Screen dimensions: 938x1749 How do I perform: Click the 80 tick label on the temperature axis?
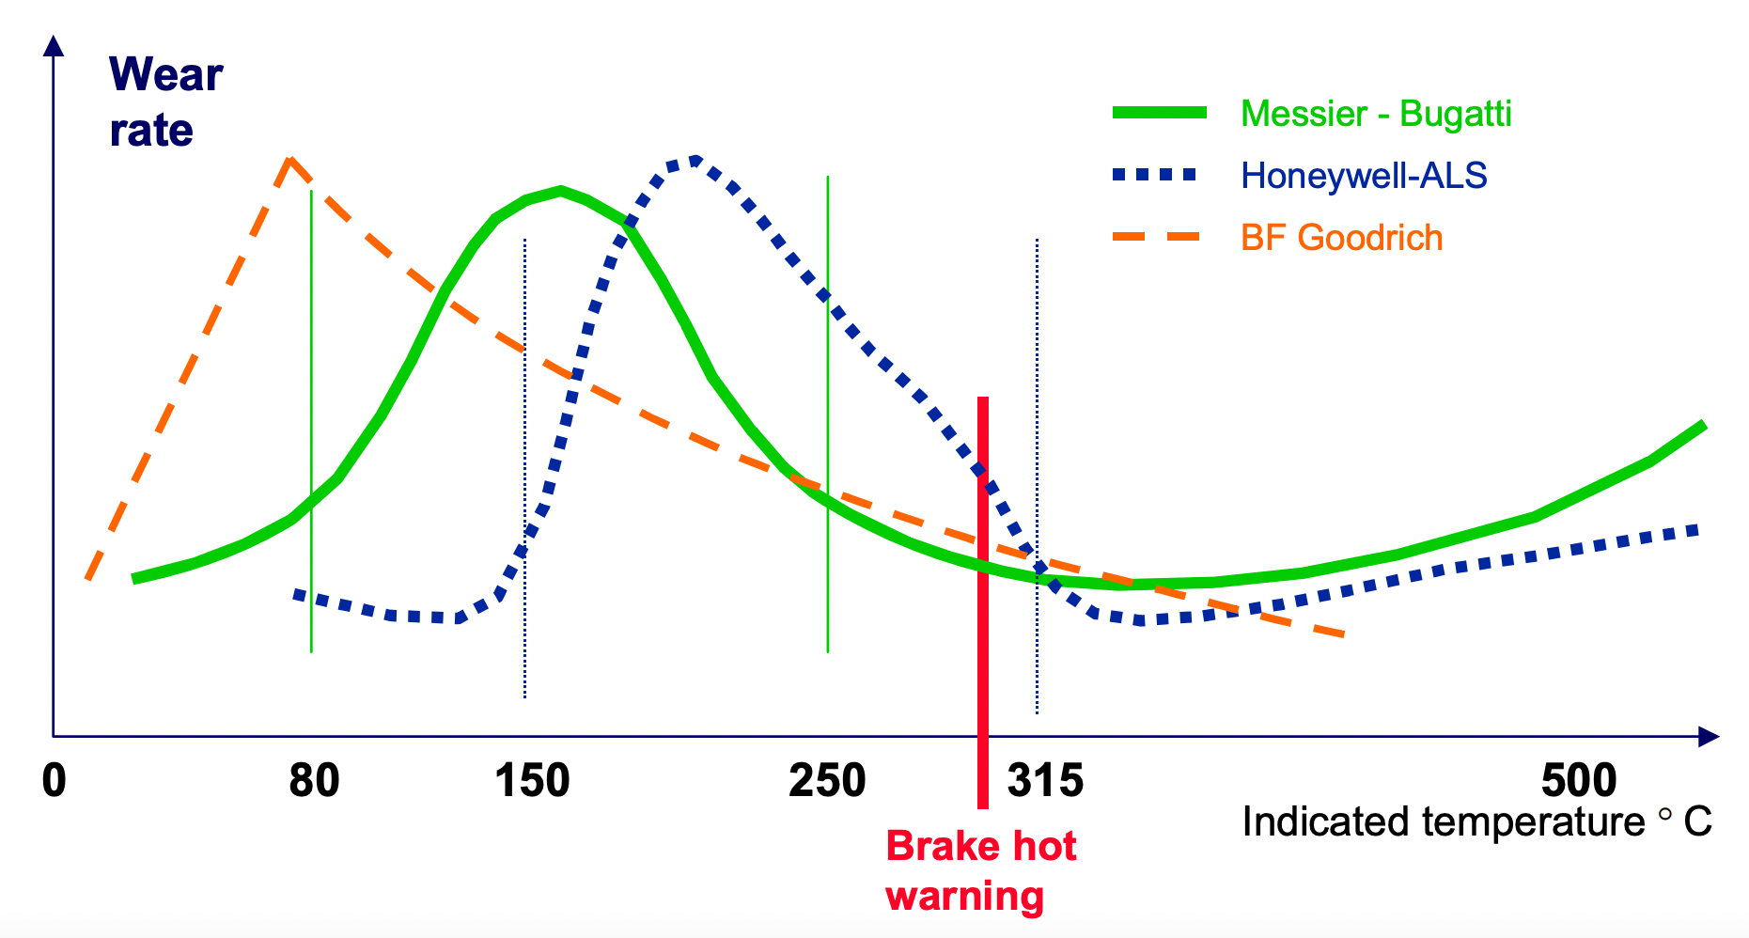(x=314, y=781)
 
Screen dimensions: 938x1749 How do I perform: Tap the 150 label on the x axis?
(x=532, y=781)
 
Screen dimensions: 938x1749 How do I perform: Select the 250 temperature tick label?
(x=827, y=781)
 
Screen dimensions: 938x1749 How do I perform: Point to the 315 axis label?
(x=1045, y=781)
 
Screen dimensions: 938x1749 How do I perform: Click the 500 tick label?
(x=1579, y=781)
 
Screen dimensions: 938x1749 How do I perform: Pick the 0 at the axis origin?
(x=55, y=781)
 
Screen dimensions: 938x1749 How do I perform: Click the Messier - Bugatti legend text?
(x=1376, y=114)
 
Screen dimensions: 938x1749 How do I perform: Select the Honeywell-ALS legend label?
(x=1364, y=176)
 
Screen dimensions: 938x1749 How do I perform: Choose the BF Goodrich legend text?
(x=1341, y=238)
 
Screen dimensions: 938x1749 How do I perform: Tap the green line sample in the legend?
(x=1159, y=113)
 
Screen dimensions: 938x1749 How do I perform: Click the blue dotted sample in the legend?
(x=1155, y=175)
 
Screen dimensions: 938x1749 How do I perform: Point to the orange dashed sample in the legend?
(x=1156, y=237)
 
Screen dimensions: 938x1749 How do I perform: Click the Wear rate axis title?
(x=165, y=102)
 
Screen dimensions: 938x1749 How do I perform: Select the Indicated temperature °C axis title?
(x=1476, y=822)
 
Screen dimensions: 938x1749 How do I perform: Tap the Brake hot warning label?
(x=979, y=870)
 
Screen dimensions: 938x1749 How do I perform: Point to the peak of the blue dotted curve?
(x=694, y=160)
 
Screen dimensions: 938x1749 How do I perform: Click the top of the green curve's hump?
(x=560, y=190)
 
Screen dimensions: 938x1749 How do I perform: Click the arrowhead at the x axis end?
(x=1710, y=737)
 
